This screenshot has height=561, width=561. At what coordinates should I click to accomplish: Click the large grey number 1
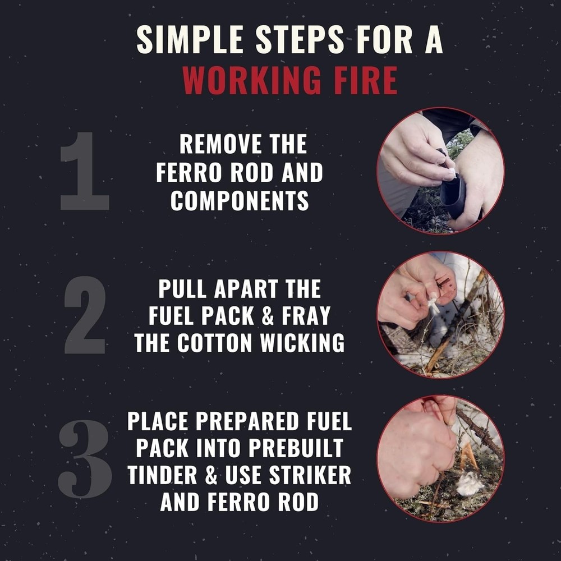point(84,172)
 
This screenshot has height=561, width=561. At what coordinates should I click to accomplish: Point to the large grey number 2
point(85,315)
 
